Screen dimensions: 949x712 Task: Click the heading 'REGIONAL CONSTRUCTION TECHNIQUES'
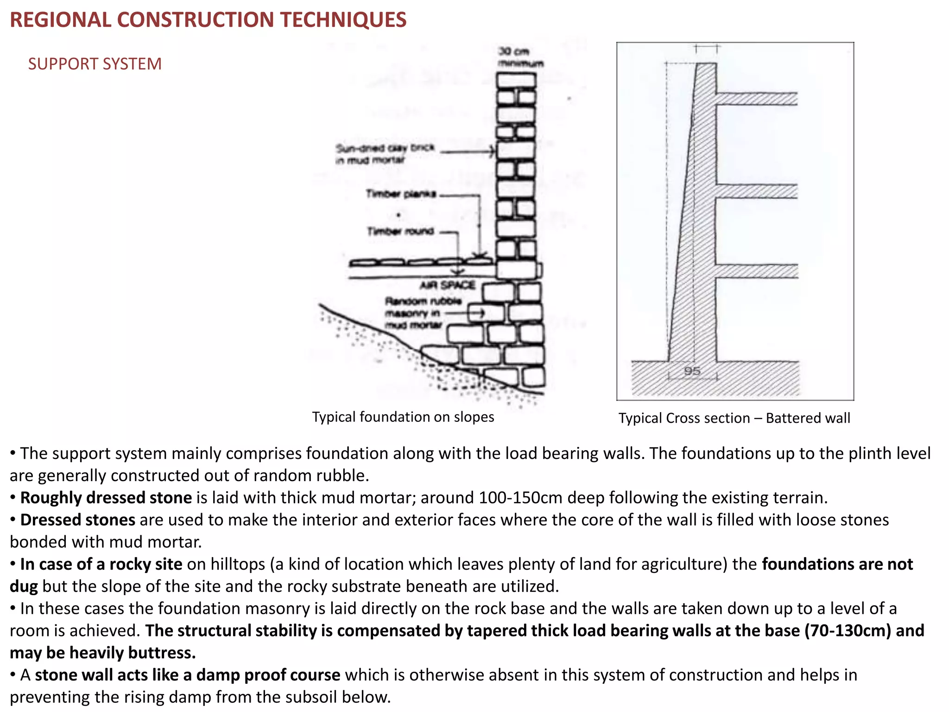pos(208,20)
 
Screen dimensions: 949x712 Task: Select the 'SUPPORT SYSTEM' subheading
pos(95,64)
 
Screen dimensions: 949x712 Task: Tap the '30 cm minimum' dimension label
pos(519,57)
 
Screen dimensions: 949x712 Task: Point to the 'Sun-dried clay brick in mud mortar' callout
pos(385,154)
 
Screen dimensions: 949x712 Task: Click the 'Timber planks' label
pos(401,194)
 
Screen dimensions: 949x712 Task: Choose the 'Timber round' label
pos(400,231)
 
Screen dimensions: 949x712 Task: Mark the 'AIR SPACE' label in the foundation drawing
pos(447,285)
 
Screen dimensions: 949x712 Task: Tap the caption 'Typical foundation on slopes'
pos(403,417)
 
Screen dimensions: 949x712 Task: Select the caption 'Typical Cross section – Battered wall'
pos(734,418)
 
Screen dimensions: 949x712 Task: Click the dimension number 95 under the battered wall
pos(692,371)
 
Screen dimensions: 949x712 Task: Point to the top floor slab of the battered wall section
pos(756,98)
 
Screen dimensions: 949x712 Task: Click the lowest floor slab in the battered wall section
pos(756,271)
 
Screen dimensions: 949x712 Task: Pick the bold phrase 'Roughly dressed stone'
pos(106,498)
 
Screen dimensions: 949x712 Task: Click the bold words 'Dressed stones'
pos(78,520)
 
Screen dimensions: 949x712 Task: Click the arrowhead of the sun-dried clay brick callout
pos(493,151)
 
